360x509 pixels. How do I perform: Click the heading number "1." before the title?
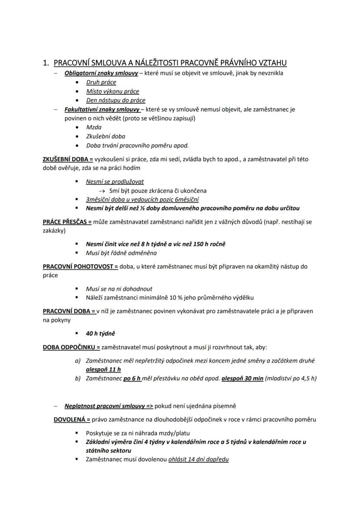pos(46,63)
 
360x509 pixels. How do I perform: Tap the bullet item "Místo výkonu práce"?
pos(113,91)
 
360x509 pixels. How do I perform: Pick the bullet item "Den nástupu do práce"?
pos(116,100)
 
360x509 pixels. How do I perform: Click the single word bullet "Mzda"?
pos(93,127)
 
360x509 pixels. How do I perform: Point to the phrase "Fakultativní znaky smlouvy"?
pos(102,109)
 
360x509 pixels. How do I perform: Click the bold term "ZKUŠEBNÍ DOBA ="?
pos(68,159)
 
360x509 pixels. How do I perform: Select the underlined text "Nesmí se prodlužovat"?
pos(115,181)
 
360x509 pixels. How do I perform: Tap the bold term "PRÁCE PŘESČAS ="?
pos(67,222)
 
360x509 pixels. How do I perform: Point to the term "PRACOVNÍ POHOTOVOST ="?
pos(80,266)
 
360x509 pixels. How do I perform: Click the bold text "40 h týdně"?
pos(100,333)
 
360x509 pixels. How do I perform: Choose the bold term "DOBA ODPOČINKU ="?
pos(71,347)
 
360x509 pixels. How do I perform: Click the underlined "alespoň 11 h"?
pos(103,369)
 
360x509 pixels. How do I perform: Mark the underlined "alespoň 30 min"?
pos(242,378)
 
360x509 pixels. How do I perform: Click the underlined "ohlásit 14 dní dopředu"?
pos(198,459)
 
